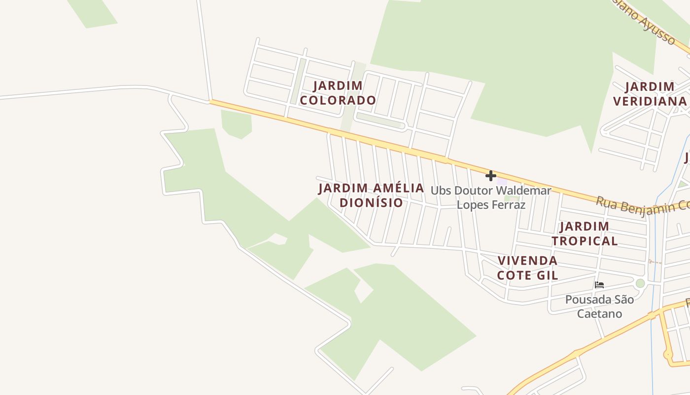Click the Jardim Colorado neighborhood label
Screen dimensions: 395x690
coord(338,93)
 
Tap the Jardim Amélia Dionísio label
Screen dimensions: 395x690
coord(371,195)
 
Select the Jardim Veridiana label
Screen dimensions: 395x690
coord(650,94)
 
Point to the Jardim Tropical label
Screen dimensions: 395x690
coord(585,234)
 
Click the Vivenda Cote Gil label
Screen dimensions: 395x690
coord(527,268)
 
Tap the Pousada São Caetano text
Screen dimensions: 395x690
coord(599,306)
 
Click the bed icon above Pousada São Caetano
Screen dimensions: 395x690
coord(599,285)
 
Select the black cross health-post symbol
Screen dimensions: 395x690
coord(490,176)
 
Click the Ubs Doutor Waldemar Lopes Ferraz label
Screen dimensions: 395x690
coord(491,197)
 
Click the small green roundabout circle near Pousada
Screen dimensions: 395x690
coord(640,283)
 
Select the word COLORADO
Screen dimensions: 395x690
coord(338,100)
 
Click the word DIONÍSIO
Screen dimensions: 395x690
coord(371,202)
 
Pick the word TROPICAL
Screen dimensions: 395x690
coord(585,241)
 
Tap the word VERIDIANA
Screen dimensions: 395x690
coord(650,101)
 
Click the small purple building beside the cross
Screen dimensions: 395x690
coord(502,181)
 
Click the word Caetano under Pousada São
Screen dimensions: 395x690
coord(599,314)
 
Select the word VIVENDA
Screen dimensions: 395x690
coord(527,261)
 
